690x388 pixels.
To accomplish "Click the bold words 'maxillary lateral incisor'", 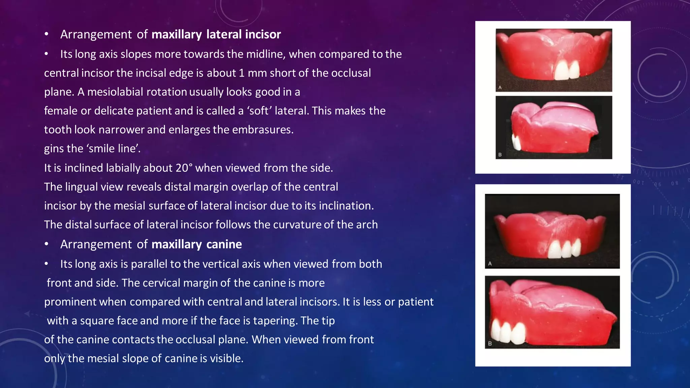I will [x=216, y=34].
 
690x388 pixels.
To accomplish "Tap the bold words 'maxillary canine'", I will [x=197, y=244].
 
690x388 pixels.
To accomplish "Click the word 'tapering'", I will [x=275, y=320].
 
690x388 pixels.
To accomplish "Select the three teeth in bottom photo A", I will [x=564, y=249].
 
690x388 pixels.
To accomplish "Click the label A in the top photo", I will [x=500, y=87].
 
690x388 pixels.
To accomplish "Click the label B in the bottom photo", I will [x=490, y=344].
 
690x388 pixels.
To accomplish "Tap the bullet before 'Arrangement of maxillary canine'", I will [x=46, y=244].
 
